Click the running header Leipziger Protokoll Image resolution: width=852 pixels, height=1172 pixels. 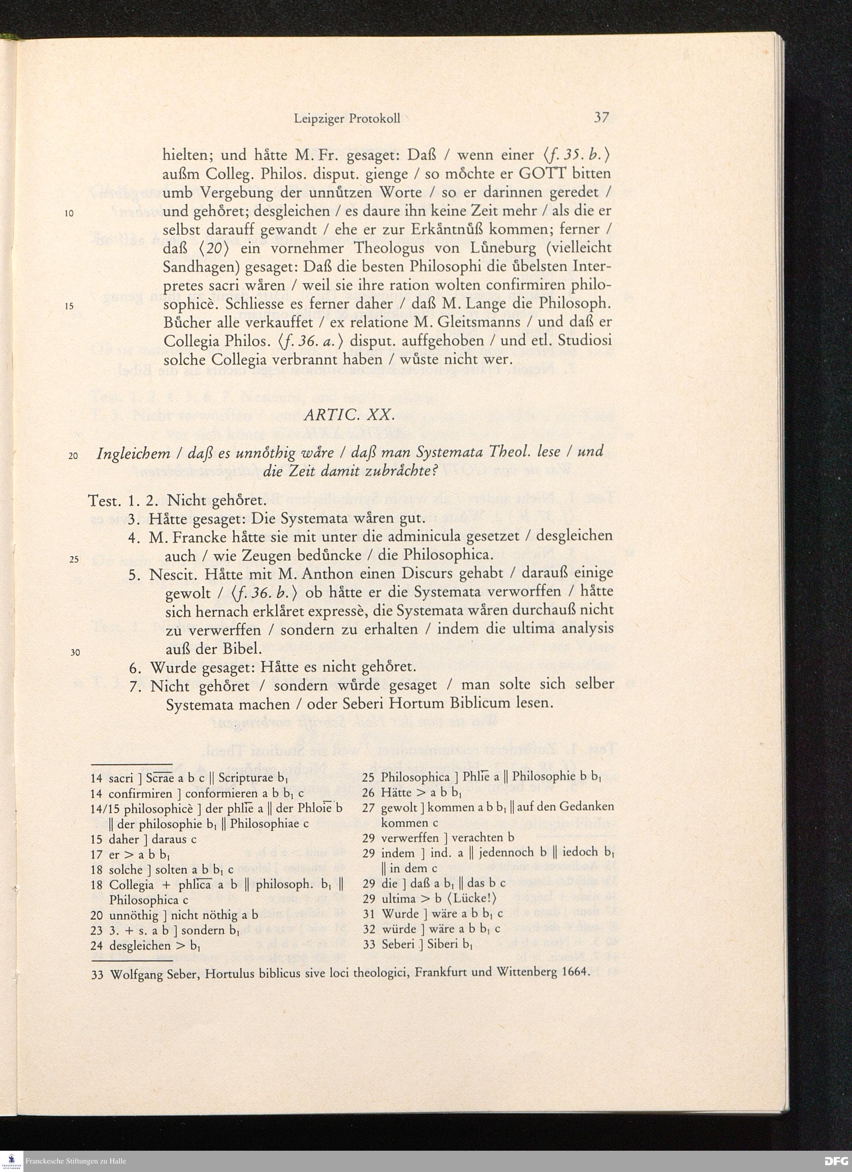click(347, 119)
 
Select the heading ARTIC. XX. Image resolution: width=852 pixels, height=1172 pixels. click(349, 415)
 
